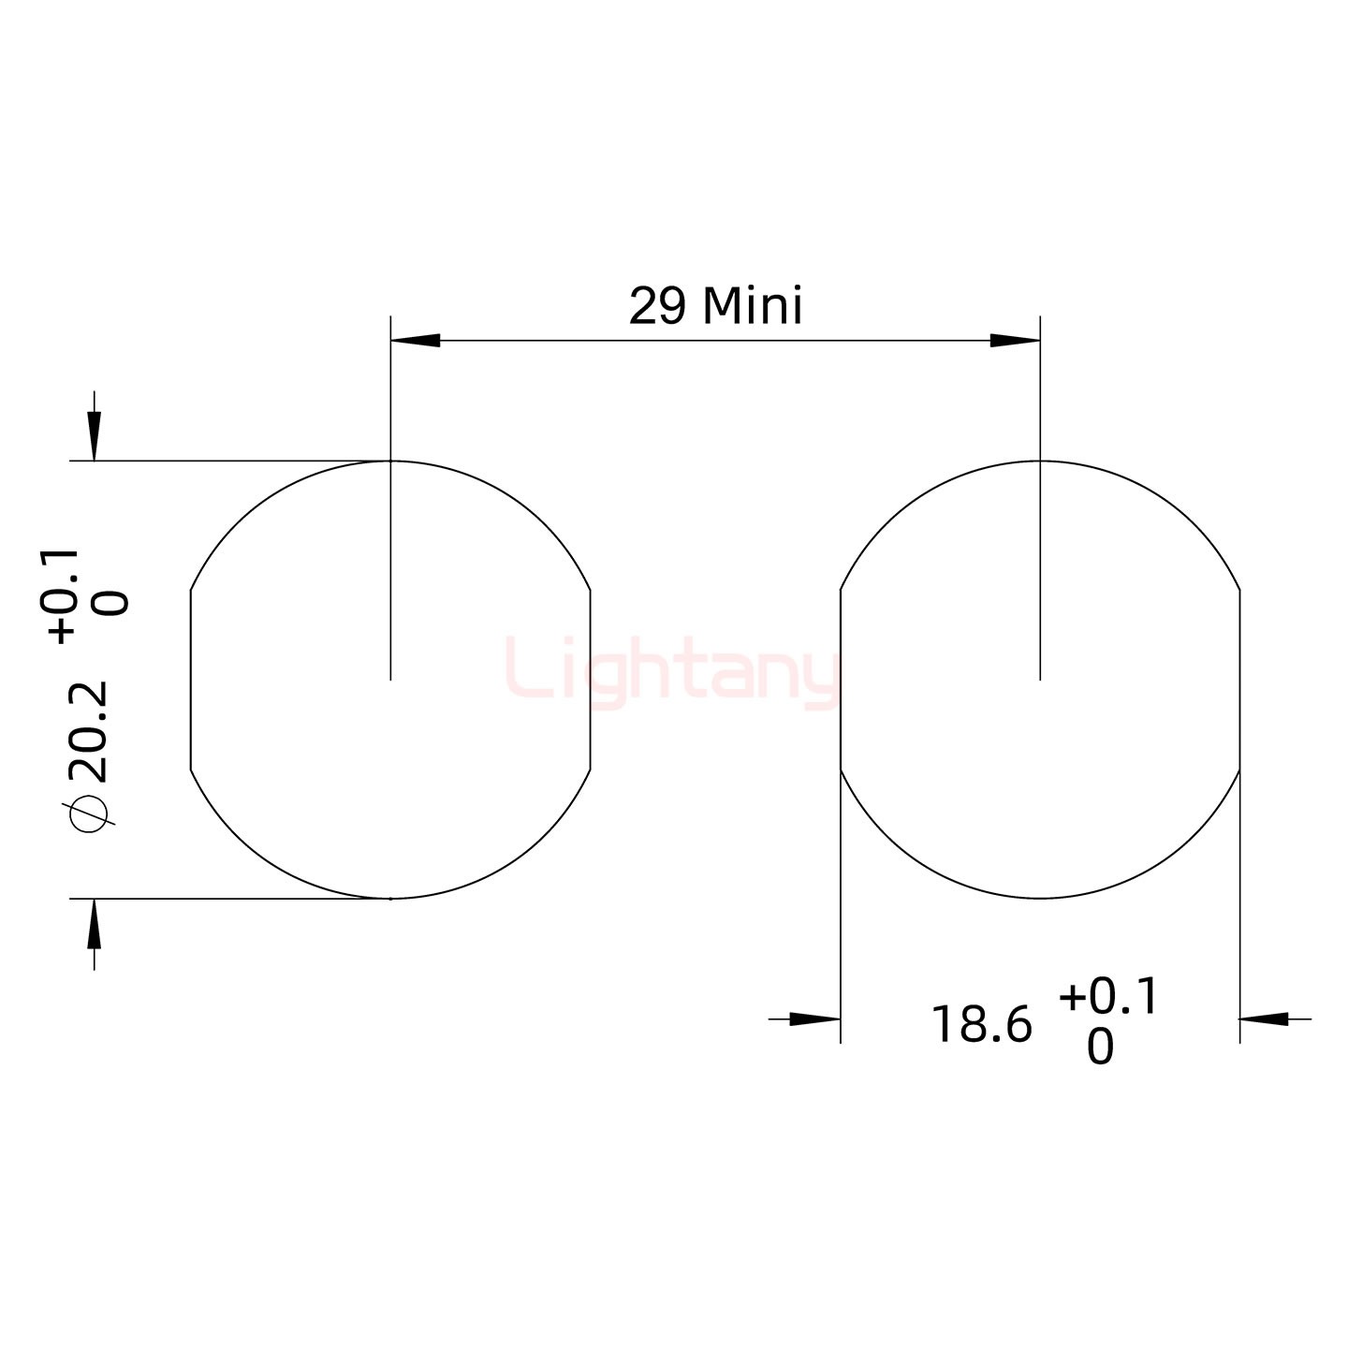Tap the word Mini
(x=752, y=306)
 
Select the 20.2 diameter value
(x=89, y=732)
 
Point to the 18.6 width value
(x=981, y=1026)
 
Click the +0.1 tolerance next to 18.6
(x=1109, y=996)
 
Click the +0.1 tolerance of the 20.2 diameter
(x=59, y=596)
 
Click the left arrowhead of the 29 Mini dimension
(x=415, y=341)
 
